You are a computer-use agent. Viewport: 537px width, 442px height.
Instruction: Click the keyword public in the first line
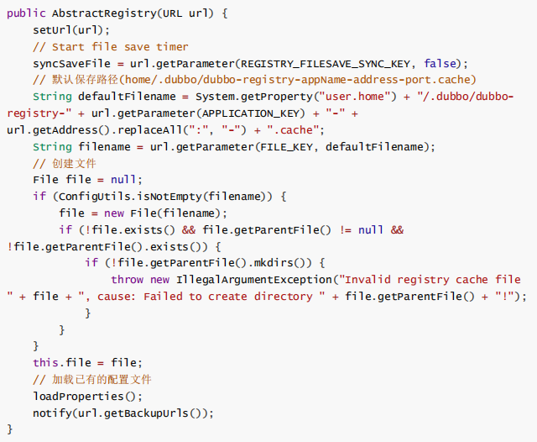tap(25, 13)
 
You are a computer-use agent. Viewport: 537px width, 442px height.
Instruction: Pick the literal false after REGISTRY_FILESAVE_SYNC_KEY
tap(442, 64)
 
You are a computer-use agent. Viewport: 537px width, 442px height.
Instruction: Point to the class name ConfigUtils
tap(94, 197)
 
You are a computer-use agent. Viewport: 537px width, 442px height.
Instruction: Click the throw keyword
tap(127, 280)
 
